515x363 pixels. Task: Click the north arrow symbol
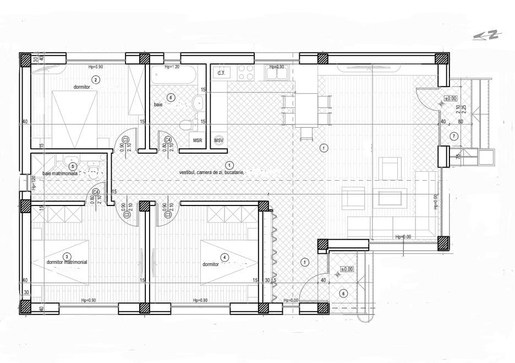tap(486, 35)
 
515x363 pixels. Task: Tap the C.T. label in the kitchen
tap(221, 73)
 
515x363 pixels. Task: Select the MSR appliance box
tap(198, 140)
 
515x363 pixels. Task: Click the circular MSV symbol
tap(220, 140)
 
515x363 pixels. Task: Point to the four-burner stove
tap(245, 72)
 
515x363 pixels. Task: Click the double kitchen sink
tap(275, 72)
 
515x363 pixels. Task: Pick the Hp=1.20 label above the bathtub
tap(172, 67)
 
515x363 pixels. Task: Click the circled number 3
tap(67, 256)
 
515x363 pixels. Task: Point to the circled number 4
tap(224, 257)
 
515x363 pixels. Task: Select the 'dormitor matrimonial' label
tap(67, 263)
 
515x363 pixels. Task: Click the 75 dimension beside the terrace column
tap(458, 156)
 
